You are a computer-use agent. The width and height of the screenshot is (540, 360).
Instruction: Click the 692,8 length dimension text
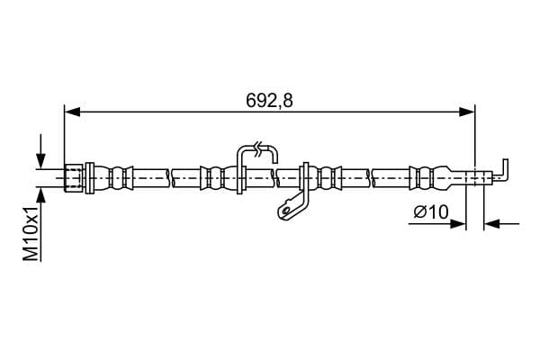tap(269, 101)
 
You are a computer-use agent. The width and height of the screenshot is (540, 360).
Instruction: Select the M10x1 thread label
tap(31, 234)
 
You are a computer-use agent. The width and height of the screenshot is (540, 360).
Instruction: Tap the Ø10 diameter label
tap(431, 211)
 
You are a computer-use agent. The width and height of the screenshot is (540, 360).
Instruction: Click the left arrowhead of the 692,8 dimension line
tap(72, 112)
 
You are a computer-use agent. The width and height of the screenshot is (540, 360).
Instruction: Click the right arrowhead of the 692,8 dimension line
tap(467, 112)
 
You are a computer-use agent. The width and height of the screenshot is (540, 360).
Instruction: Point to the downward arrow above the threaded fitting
tap(41, 151)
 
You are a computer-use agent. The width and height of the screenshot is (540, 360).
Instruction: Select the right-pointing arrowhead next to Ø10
tap(458, 224)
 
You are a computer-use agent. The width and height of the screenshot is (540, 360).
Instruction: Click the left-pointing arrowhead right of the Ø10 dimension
tap(491, 224)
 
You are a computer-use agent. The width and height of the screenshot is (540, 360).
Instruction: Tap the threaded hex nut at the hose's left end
tap(74, 178)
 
